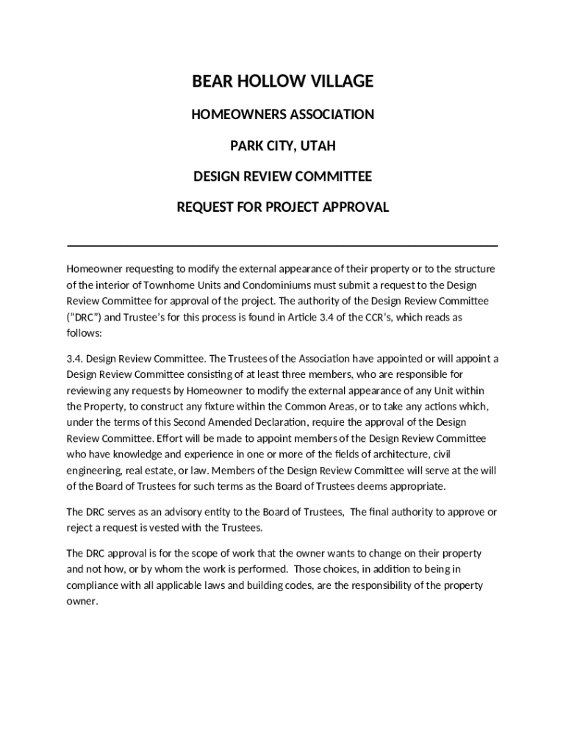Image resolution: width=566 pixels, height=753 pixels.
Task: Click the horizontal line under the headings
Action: (282, 245)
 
